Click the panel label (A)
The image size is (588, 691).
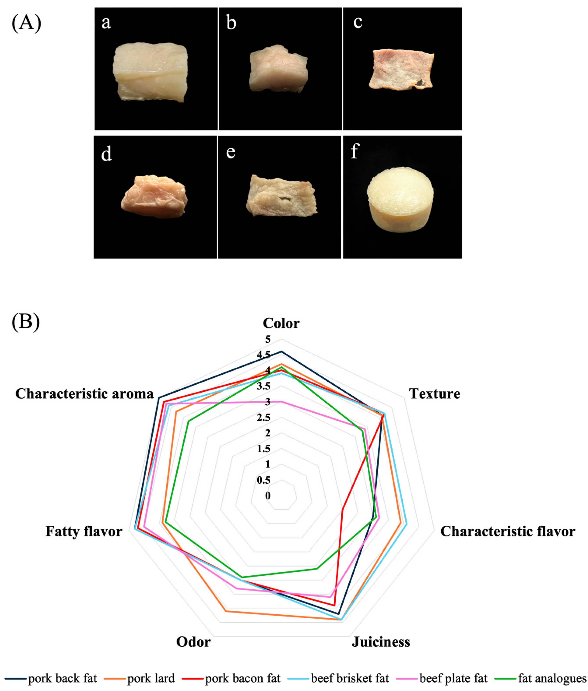26,23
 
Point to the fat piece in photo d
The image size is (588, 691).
154,197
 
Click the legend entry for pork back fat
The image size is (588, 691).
62,678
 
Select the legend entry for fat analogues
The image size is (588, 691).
552,678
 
